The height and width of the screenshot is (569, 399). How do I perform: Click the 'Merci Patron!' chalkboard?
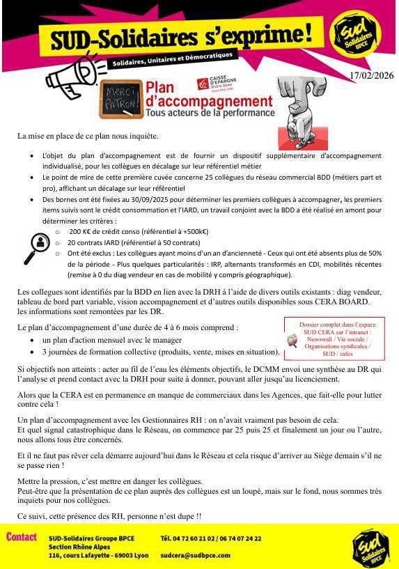(120, 97)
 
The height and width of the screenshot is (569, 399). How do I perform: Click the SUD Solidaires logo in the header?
(356, 34)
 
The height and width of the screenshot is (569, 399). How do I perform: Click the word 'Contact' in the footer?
(22, 537)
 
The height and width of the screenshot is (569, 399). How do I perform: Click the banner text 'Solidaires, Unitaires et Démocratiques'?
(173, 59)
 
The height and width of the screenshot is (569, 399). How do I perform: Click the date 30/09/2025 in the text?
(128, 200)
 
